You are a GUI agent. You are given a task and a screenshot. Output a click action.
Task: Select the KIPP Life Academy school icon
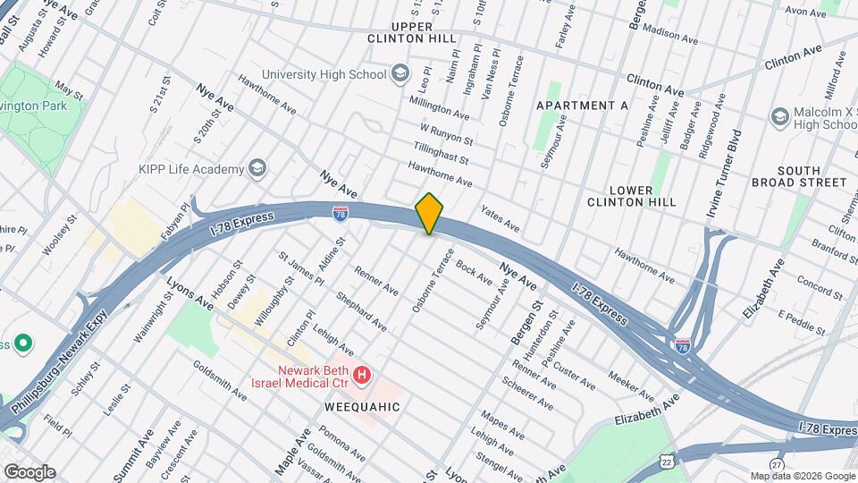pos(257,169)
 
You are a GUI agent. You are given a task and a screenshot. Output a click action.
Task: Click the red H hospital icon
pos(361,375)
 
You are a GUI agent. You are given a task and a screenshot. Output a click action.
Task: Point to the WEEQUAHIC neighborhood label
pos(362,407)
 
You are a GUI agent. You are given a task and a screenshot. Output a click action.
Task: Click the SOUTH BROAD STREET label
pos(811,175)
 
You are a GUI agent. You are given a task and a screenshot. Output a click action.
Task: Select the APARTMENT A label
pos(582,106)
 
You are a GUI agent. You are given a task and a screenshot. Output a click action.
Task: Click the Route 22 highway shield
pos(667,460)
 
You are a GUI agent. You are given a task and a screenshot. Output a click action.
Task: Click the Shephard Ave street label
pos(361,310)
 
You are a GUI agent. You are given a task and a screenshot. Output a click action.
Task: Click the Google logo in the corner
pos(29,471)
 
